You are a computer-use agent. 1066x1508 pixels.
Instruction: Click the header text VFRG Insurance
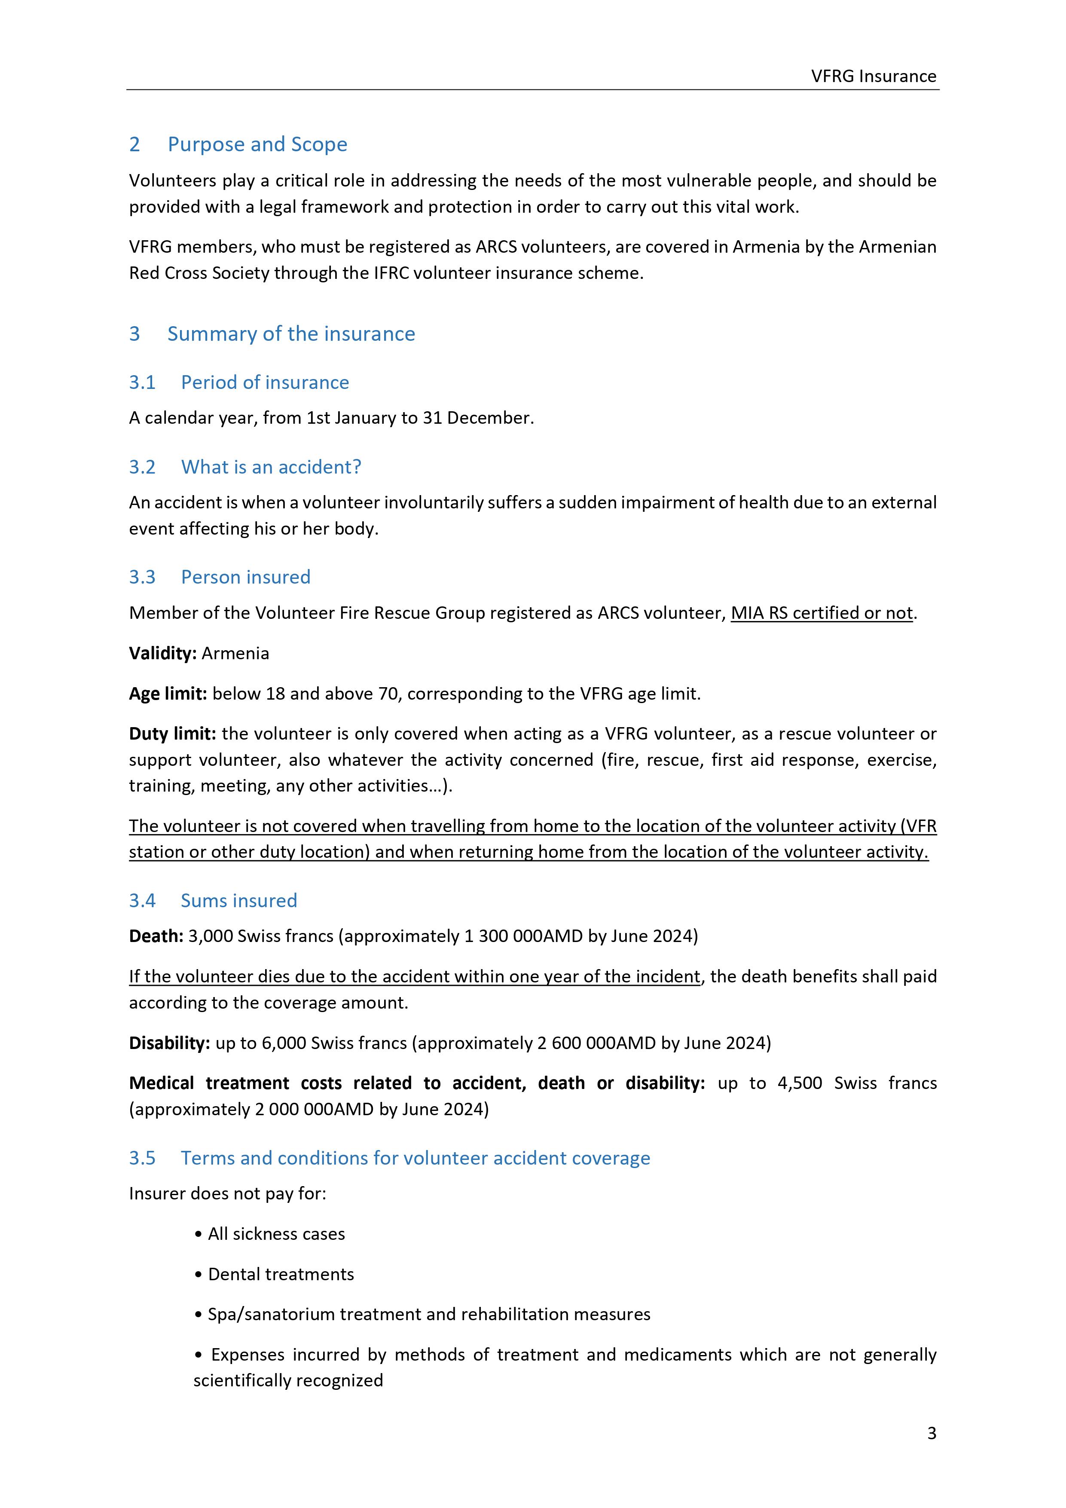(873, 76)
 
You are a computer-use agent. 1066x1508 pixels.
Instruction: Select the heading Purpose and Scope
(257, 144)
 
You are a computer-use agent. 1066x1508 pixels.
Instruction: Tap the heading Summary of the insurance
(291, 333)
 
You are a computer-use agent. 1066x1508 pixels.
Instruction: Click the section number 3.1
(142, 382)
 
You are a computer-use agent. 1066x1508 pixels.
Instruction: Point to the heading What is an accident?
(271, 467)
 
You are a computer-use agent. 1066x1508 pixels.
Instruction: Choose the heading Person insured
(246, 577)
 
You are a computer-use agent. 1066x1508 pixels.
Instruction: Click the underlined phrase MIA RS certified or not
(821, 613)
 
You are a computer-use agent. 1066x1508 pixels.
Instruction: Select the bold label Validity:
(162, 654)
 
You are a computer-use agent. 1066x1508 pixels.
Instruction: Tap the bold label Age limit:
(168, 694)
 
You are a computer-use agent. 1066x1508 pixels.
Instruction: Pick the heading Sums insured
(238, 900)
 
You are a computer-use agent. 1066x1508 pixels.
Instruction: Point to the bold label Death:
(156, 936)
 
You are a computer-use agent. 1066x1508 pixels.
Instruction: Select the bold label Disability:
(169, 1043)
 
